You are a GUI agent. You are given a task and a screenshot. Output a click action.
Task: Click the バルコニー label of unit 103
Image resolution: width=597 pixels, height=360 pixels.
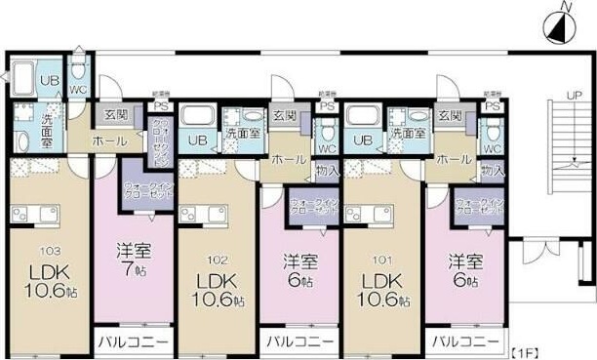click(133, 342)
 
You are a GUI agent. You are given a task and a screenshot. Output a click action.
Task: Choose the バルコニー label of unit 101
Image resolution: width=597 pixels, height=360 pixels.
click(459, 342)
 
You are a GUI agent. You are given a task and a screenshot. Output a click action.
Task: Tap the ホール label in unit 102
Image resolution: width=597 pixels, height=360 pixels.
click(285, 158)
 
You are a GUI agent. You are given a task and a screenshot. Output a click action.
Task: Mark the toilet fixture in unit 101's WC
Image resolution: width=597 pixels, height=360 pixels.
click(494, 130)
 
